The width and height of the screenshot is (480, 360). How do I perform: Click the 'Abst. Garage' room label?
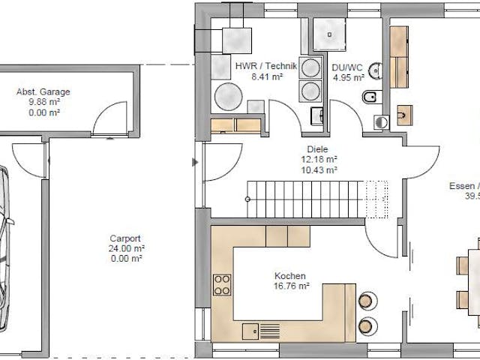[x=43, y=92]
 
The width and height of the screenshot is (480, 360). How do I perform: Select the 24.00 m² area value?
[x=124, y=247]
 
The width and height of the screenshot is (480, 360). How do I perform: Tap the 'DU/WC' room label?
[x=348, y=66]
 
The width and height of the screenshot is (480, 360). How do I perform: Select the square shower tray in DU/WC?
[x=328, y=31]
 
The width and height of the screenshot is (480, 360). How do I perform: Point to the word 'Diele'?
[x=317, y=149]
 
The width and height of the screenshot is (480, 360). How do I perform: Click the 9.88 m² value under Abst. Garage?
[x=43, y=103]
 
